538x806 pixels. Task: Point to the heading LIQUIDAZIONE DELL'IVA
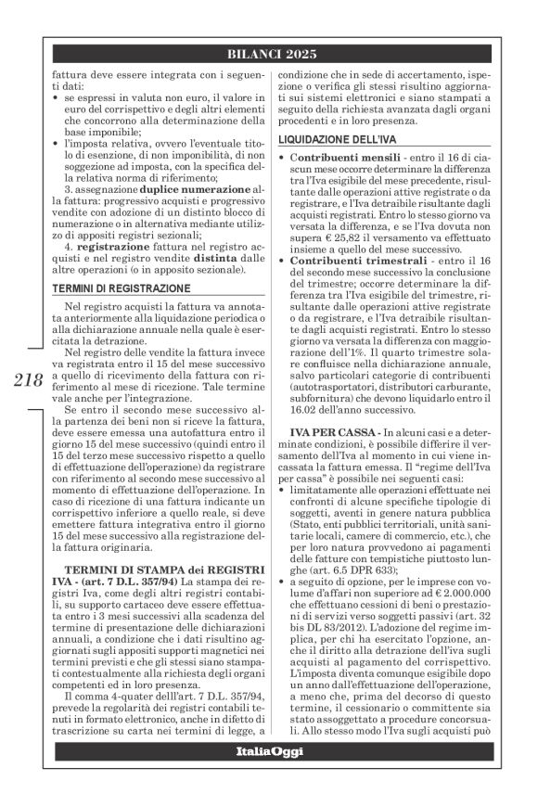333,140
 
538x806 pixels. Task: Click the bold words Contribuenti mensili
337,160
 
